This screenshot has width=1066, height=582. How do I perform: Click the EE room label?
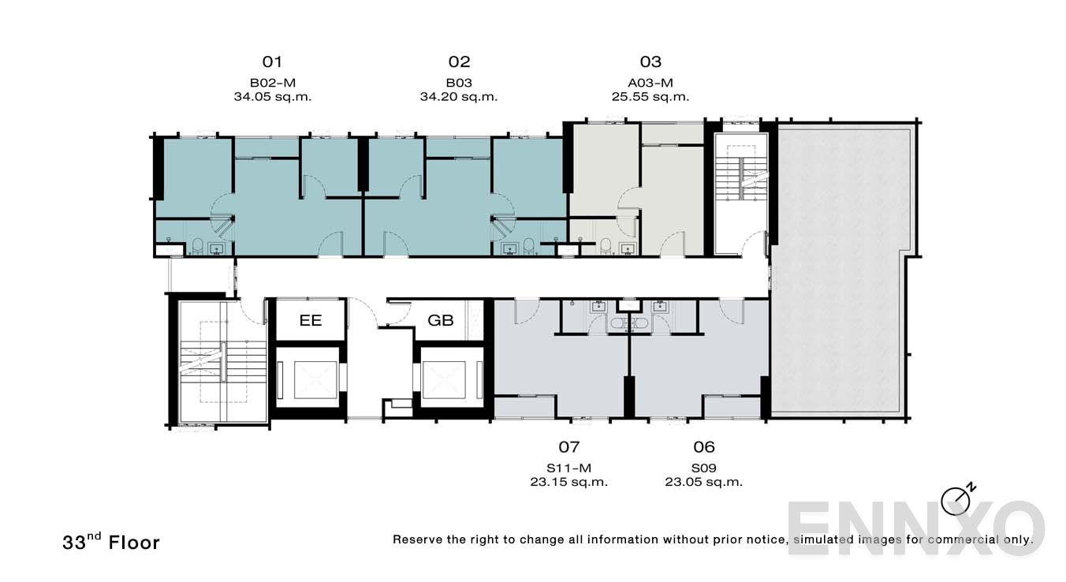click(x=310, y=321)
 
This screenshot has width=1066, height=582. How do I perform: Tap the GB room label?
click(x=440, y=321)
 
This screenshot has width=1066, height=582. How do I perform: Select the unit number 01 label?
click(x=272, y=62)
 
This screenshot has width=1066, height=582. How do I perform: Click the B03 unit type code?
click(x=459, y=83)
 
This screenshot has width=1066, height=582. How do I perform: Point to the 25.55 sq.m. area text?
click(x=650, y=97)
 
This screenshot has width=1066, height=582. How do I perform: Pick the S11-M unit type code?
click(x=568, y=467)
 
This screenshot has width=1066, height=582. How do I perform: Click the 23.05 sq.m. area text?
click(x=703, y=482)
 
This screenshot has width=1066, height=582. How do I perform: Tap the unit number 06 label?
click(x=703, y=447)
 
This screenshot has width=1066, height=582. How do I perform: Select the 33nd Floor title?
click(x=111, y=542)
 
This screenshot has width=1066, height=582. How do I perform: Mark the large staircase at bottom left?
click(x=220, y=363)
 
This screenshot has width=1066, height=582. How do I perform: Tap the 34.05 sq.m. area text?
click(x=272, y=97)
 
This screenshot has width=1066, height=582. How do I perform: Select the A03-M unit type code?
click(x=650, y=83)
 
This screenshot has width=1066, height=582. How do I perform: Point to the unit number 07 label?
click(x=568, y=447)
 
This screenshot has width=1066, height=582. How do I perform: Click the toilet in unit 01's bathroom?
click(x=197, y=246)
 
